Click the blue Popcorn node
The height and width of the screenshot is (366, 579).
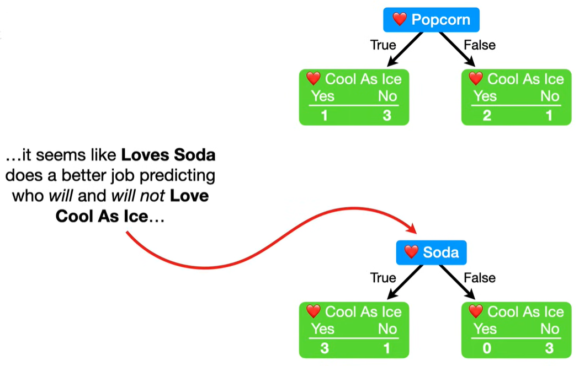pyautogui.click(x=431, y=20)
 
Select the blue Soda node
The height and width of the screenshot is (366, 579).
pyautogui.click(x=431, y=252)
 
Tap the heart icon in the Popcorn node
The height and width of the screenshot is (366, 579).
pyautogui.click(x=400, y=20)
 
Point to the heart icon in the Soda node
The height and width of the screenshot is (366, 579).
pyautogui.click(x=411, y=252)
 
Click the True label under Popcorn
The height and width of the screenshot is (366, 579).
pyautogui.click(x=383, y=45)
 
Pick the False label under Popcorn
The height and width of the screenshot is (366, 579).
pyautogui.click(x=479, y=45)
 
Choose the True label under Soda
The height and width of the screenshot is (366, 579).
pyautogui.click(x=383, y=278)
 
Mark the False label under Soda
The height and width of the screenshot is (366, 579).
pyautogui.click(x=479, y=278)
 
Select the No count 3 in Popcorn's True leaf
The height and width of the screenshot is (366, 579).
pyautogui.click(x=387, y=116)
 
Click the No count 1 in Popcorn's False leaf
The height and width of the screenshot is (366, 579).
pyautogui.click(x=550, y=116)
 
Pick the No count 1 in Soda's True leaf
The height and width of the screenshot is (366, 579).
pyautogui.click(x=387, y=348)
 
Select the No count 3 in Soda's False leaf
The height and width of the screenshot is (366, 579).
pyautogui.click(x=550, y=348)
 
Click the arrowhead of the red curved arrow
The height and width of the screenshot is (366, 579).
pyautogui.click(x=411, y=229)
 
